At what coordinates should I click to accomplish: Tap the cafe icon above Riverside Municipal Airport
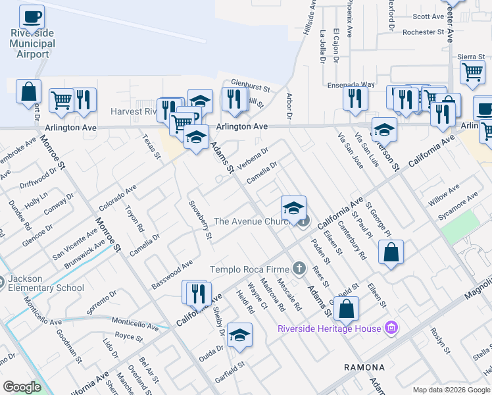tap(32, 16)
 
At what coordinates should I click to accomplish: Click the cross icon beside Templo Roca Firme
tap(299, 268)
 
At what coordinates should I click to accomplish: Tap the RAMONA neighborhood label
tap(364, 367)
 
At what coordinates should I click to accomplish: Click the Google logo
tap(22, 387)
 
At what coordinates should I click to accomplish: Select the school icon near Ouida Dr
tap(239, 334)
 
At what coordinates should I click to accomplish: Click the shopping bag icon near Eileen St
tap(391, 252)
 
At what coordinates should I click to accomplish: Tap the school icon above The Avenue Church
tap(293, 208)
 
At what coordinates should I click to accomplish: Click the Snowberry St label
tap(199, 219)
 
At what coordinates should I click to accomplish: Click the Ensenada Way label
tap(351, 85)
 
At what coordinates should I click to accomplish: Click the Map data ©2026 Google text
tap(451, 390)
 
